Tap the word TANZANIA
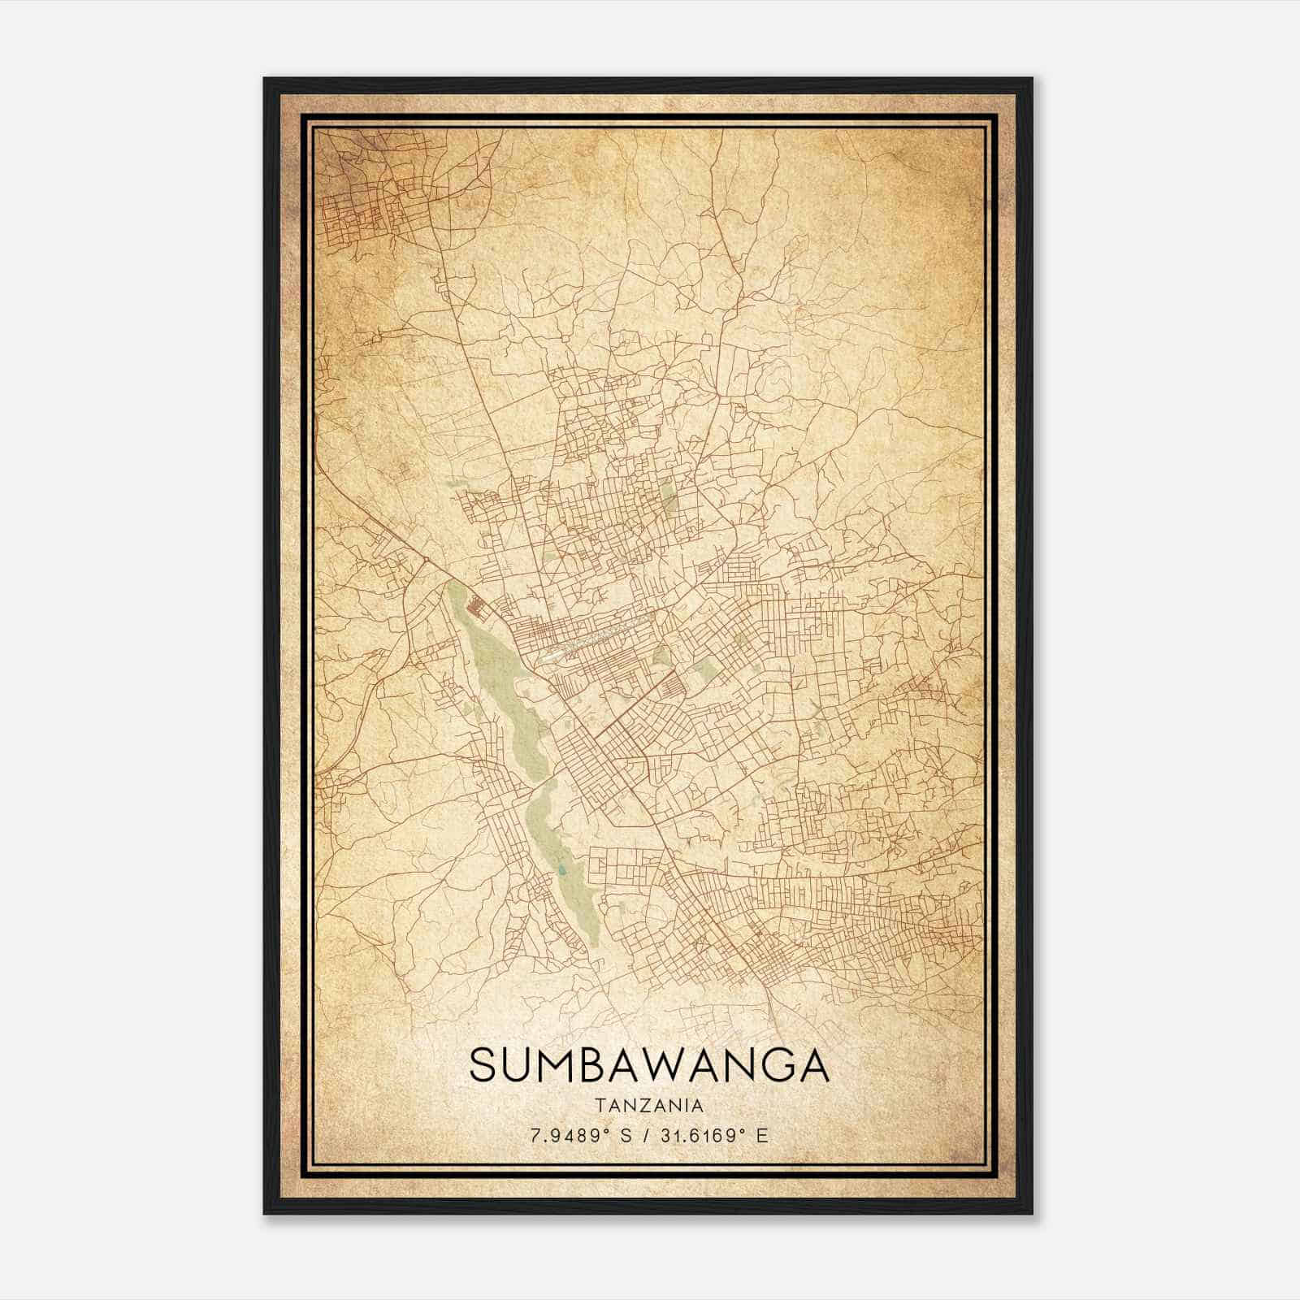(649, 1105)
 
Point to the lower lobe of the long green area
(561, 861)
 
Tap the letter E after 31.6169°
(761, 1136)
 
